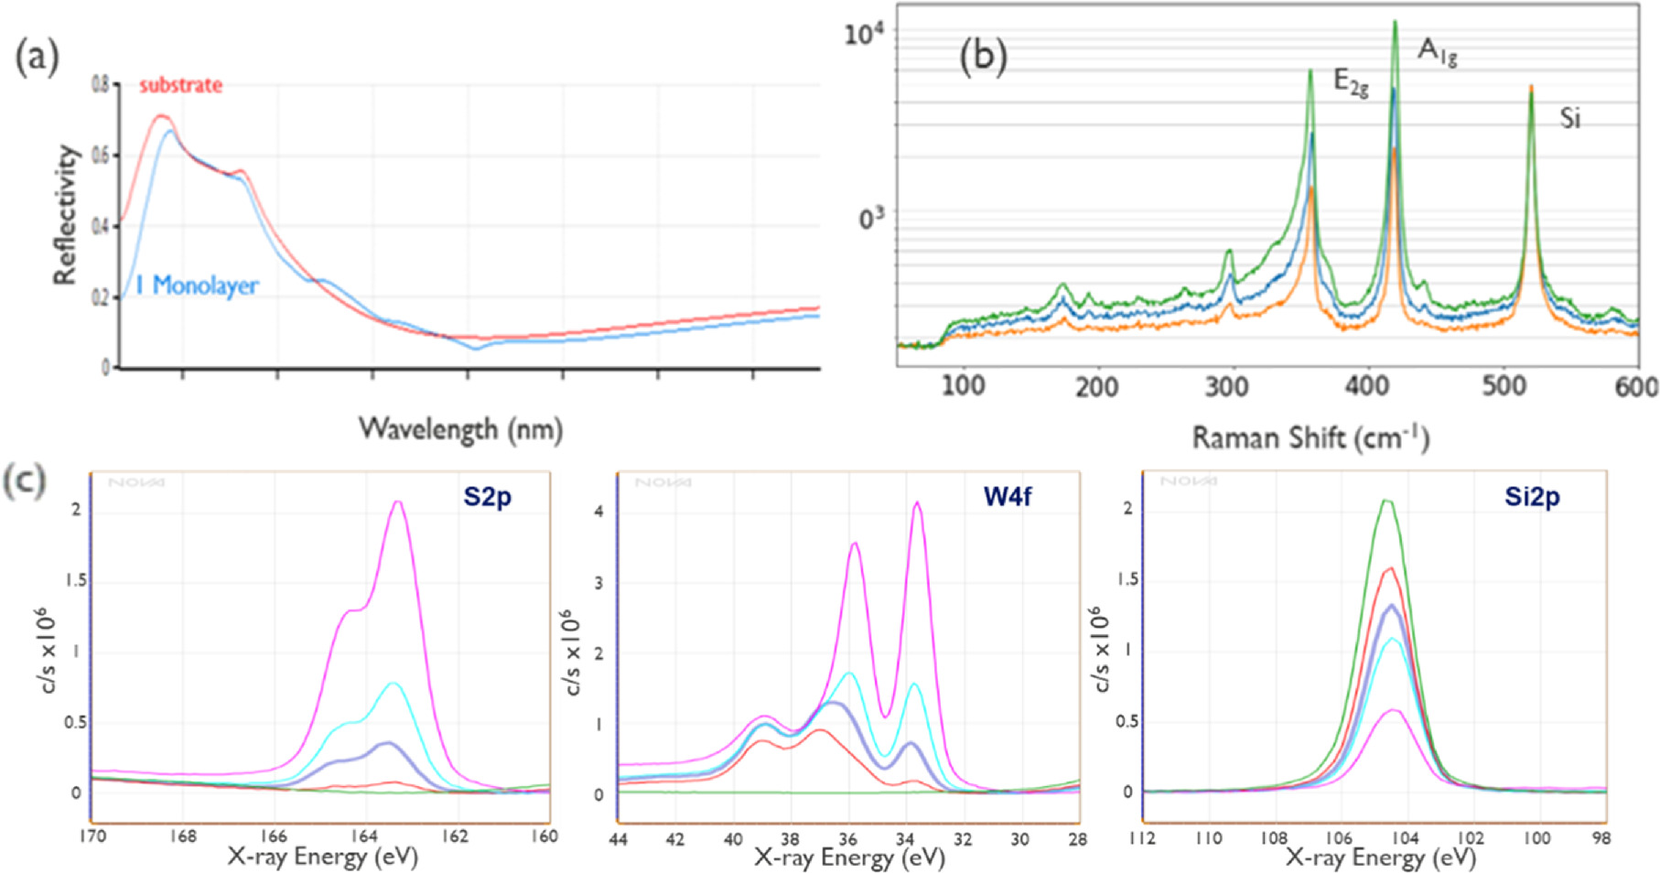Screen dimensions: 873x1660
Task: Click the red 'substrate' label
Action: click(x=180, y=85)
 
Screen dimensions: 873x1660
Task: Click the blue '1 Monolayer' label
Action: click(x=197, y=286)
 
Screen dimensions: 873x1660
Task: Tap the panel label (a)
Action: click(x=37, y=58)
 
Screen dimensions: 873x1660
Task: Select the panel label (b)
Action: click(x=982, y=56)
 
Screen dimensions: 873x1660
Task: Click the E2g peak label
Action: click(x=1351, y=83)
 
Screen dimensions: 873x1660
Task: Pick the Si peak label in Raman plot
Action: click(x=1570, y=118)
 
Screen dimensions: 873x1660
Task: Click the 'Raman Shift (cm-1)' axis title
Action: click(x=1310, y=437)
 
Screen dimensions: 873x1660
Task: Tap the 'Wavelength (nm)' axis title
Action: click(x=459, y=428)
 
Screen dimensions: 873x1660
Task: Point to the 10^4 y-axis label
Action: click(x=864, y=35)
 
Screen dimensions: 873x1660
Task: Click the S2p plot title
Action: click(x=487, y=497)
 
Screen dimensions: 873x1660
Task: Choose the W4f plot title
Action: click(x=1008, y=496)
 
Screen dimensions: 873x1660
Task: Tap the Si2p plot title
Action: click(x=1532, y=497)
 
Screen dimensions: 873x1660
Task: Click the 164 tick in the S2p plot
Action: click(x=364, y=836)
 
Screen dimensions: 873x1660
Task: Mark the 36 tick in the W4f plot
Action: click(x=847, y=839)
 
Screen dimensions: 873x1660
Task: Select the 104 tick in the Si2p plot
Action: click(x=1405, y=837)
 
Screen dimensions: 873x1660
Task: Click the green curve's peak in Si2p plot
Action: click(x=1386, y=501)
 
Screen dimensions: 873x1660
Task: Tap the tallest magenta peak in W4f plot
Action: click(x=917, y=502)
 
